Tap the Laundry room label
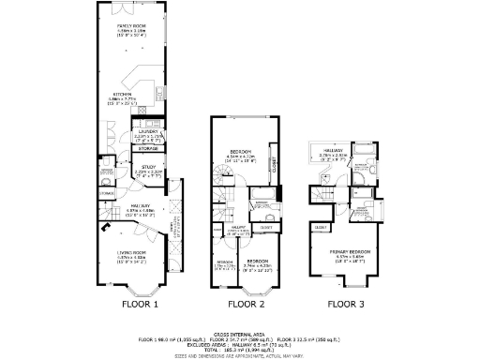click(x=150, y=133)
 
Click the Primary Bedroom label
click(x=350, y=251)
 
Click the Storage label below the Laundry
click(x=148, y=147)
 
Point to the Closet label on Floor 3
click(x=321, y=228)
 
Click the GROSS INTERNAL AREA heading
click(x=239, y=333)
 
